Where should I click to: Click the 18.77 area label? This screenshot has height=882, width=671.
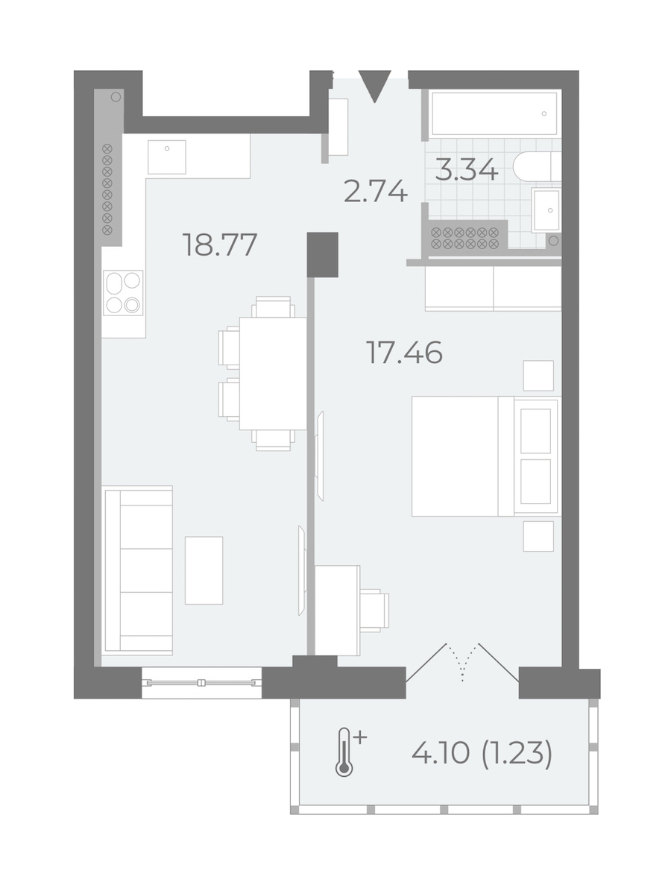pos(220,245)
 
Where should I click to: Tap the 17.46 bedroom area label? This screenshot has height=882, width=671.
pos(404,353)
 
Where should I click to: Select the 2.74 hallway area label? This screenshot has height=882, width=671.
pos(375,192)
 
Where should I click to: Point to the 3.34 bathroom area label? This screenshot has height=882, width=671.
pos(467,169)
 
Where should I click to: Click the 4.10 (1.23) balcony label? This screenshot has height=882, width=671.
pos(482,753)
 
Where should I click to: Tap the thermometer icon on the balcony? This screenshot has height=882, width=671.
pos(347,752)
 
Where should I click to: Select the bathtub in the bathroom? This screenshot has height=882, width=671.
pos(494,113)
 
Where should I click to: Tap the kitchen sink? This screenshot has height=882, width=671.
pos(166,157)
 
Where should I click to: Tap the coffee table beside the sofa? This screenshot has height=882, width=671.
pos(204,570)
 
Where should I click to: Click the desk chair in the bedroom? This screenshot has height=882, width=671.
pos(374,609)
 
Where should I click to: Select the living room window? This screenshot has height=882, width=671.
pos(201,683)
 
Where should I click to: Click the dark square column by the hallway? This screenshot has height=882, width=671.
pos(322,254)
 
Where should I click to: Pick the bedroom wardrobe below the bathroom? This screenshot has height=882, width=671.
pos(494,288)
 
